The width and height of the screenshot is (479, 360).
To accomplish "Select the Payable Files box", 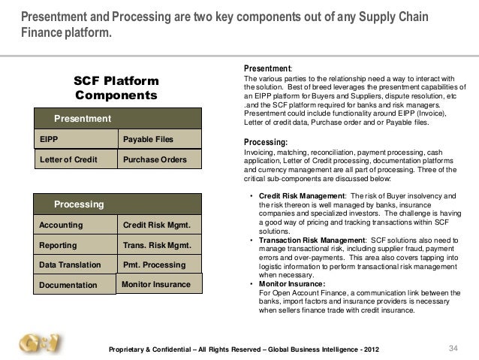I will (x=160, y=139).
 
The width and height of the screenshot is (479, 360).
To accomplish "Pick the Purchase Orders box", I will (x=160, y=159).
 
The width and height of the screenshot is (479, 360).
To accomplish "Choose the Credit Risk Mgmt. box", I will (x=160, y=225).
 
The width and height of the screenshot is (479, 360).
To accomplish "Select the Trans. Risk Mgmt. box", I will (x=160, y=245).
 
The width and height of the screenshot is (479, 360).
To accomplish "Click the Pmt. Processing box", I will (x=160, y=265).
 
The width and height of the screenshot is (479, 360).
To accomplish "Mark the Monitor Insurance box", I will (x=160, y=283).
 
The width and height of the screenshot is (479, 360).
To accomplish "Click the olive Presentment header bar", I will (x=118, y=119).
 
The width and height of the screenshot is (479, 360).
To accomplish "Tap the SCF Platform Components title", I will (x=116, y=89).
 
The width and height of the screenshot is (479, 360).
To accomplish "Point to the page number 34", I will (x=453, y=346).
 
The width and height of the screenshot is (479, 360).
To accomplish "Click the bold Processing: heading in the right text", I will (x=267, y=141).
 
